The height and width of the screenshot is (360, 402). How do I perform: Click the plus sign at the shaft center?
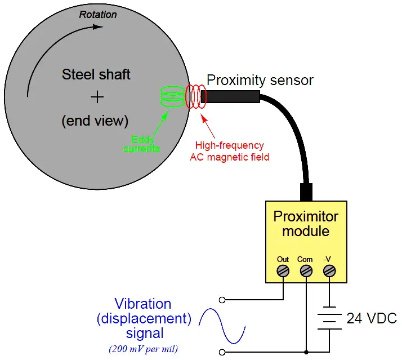(x=97, y=97)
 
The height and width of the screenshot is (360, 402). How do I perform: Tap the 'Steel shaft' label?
(x=96, y=74)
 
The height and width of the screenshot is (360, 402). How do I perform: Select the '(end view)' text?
(x=96, y=120)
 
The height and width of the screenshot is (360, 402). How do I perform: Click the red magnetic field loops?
(x=196, y=97)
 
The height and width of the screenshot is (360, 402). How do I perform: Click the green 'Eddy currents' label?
(x=142, y=144)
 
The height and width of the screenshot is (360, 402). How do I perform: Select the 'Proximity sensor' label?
(x=260, y=80)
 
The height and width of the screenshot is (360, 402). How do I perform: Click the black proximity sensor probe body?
(x=231, y=97)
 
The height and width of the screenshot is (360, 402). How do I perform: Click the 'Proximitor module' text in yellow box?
(x=306, y=224)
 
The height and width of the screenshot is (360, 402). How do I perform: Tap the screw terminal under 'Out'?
(x=283, y=272)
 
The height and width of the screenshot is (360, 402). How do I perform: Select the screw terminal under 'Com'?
(x=306, y=272)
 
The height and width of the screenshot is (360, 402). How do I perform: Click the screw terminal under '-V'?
(x=329, y=272)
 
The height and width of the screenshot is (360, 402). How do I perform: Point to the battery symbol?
(x=329, y=319)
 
